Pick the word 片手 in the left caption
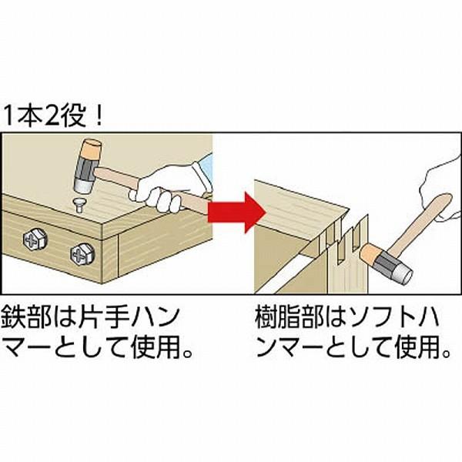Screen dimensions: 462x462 (103, 317)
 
